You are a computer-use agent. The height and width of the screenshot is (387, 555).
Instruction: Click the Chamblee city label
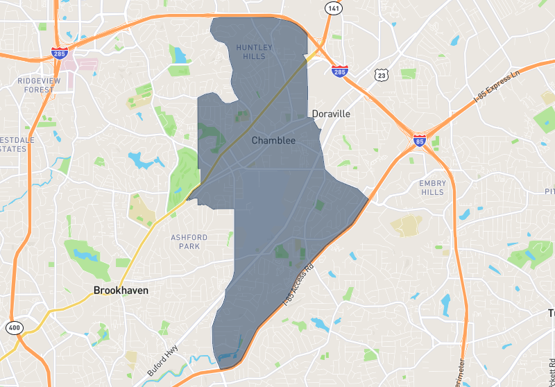[x=273, y=141]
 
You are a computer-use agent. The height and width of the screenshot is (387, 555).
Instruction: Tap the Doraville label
[x=331, y=114]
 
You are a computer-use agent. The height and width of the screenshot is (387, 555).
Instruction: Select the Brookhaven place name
[x=121, y=291]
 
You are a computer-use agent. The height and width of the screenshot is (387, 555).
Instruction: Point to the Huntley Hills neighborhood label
[x=255, y=51]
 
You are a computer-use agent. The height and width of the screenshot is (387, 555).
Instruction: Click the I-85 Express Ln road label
[x=497, y=87]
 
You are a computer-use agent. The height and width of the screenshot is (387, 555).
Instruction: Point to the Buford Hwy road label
[x=161, y=361]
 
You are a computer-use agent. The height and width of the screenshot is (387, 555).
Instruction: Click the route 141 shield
[x=334, y=8]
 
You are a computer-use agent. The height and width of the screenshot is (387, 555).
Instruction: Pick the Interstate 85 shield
[x=420, y=141]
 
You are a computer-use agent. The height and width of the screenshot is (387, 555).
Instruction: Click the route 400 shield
[x=13, y=327]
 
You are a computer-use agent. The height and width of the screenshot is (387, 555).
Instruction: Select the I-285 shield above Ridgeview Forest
[x=59, y=52]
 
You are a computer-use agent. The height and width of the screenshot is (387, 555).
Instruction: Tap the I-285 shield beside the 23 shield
[x=339, y=71]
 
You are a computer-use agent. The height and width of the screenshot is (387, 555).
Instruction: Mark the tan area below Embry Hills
[x=407, y=223]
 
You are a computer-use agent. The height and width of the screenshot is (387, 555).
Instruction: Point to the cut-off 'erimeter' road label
[x=461, y=371]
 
